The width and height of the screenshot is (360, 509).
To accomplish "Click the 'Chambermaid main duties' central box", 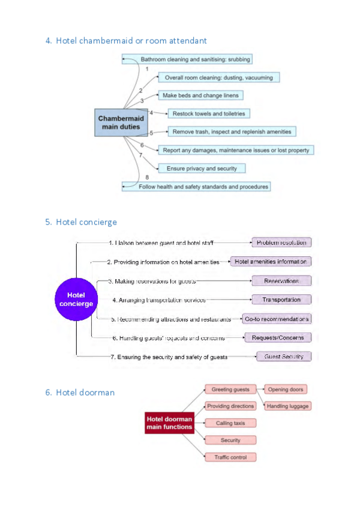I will click(119, 122).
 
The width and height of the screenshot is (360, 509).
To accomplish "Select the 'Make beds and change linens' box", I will click(201, 95).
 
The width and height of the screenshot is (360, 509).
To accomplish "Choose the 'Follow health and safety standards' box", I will click(204, 187).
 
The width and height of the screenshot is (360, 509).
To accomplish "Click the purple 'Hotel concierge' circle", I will click(76, 299).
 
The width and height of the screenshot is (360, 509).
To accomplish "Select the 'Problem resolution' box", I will click(281, 242).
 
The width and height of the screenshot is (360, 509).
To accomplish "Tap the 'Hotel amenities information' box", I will click(271, 262).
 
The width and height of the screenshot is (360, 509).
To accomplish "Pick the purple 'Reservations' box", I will click(281, 281).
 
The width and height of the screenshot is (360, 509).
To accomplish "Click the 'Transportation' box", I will click(281, 300).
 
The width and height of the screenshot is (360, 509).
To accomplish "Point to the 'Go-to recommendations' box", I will click(277, 319).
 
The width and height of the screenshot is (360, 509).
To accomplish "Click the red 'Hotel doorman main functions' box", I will click(169, 423).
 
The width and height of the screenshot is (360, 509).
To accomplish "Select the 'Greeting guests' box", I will click(230, 389).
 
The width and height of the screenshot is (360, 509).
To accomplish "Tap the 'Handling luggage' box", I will click(287, 406).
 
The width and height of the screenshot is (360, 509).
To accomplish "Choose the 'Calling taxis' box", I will click(230, 423).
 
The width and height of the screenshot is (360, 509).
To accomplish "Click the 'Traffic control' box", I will click(230, 457).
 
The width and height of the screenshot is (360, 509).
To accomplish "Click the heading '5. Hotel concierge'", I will click(81, 222).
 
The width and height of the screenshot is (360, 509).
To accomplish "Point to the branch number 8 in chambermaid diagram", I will click(146, 178).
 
